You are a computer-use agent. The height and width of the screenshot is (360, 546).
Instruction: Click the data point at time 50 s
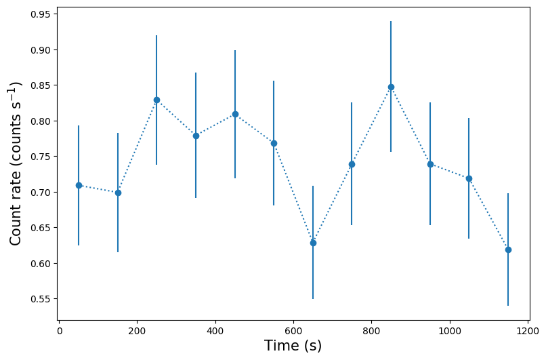(x=79, y=185)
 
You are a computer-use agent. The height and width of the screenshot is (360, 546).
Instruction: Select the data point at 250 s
(x=156, y=100)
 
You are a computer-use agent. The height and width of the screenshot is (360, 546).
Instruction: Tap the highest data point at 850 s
(x=391, y=87)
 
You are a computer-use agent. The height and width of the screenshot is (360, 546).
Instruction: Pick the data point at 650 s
(x=313, y=243)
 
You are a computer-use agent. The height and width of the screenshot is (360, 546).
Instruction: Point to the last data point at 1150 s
(x=508, y=249)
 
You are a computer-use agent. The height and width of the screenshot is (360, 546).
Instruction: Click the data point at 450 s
(x=235, y=114)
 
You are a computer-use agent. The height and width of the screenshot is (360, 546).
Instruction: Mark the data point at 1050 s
(x=469, y=178)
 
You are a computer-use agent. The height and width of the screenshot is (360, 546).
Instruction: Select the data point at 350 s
(x=196, y=136)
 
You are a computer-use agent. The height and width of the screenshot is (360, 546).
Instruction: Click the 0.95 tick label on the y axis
(x=40, y=14)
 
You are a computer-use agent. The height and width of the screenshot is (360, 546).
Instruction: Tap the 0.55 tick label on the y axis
(x=40, y=299)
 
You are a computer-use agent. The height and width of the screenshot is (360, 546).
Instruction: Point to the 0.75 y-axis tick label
(x=40, y=157)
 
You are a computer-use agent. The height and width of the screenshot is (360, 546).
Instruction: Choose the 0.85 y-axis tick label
(x=40, y=85)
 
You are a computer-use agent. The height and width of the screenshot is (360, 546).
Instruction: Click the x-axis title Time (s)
(x=293, y=346)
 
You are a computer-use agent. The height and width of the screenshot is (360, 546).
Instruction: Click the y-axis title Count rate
(x=16, y=163)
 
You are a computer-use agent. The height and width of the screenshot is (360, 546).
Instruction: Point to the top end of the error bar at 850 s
(x=391, y=22)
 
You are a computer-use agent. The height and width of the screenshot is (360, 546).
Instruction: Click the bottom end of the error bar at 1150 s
(x=508, y=305)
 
